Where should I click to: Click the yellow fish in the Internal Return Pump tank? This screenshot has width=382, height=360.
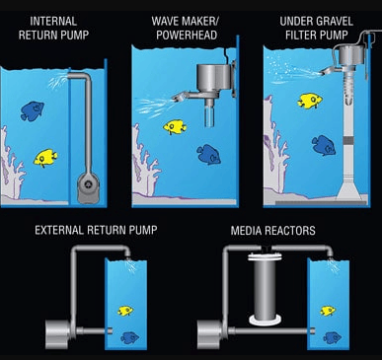point(45,158)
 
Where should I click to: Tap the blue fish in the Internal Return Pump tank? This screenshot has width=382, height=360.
point(32,111)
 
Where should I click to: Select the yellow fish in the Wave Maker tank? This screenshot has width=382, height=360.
point(175,127)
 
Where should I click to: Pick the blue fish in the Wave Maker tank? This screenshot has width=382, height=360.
point(208,154)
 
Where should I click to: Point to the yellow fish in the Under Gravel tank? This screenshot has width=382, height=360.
point(310,101)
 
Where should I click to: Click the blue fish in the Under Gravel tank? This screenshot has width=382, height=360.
point(324,145)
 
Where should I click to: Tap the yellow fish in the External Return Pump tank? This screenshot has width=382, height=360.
point(125,311)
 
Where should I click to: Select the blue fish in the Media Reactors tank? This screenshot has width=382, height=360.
point(332,337)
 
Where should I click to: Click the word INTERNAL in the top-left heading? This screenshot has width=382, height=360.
point(53,22)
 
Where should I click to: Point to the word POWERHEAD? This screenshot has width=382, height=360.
point(187,36)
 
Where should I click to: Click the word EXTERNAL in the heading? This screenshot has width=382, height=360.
point(59,230)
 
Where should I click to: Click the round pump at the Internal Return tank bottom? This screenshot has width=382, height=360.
point(88,187)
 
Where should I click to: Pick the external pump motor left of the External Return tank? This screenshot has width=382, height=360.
point(58,334)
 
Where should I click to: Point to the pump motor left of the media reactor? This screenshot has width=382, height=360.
point(210,334)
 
